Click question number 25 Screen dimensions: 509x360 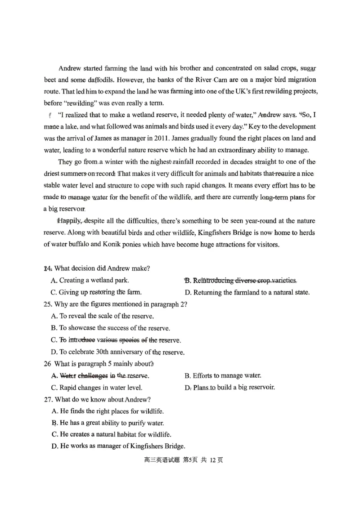click(x=48, y=304)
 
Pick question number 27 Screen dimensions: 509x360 click(x=48, y=399)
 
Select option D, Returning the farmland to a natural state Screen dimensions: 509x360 click(x=247, y=292)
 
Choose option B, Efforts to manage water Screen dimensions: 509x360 click(x=223, y=375)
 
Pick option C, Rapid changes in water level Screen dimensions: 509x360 click(x=97, y=388)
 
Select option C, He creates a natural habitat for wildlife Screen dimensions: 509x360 click(x=111, y=434)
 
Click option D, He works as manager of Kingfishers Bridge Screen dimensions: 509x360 click(x=118, y=446)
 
